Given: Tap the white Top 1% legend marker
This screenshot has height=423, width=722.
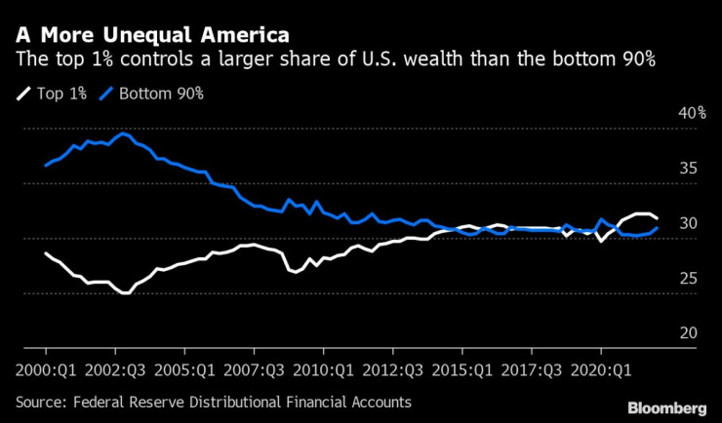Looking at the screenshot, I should [22, 95].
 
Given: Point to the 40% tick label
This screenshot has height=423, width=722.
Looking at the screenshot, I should [692, 114].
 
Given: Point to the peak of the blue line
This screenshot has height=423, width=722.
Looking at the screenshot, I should [122, 133].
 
